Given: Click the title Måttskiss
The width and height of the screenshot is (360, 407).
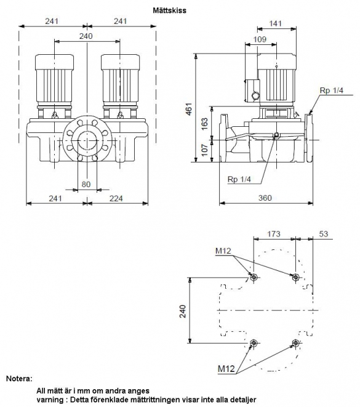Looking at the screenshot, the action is pyautogui.click(x=169, y=10).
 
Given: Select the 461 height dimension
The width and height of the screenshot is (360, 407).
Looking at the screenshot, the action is pyautogui.click(x=189, y=109).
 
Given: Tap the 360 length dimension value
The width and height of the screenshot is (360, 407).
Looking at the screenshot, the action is pyautogui.click(x=265, y=198).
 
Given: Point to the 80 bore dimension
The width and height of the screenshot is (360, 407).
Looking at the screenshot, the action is pyautogui.click(x=86, y=184).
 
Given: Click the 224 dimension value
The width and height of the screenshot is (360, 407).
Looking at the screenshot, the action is pyautogui.click(x=116, y=198).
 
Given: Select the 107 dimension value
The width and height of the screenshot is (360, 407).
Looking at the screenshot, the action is pyautogui.click(x=205, y=150).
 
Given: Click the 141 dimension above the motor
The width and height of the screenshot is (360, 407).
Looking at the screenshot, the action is pyautogui.click(x=275, y=23).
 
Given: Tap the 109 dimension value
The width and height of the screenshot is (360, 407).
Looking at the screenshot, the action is pyautogui.click(x=260, y=39).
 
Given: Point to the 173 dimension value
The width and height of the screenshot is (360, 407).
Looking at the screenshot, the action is pyautogui.click(x=274, y=234).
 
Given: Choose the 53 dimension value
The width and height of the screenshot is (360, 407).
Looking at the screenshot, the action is pyautogui.click(x=324, y=234).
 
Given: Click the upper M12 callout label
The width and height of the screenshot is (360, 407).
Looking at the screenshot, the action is pyautogui.click(x=223, y=251).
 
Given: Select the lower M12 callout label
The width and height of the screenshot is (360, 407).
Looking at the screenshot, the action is pyautogui.click(x=226, y=369).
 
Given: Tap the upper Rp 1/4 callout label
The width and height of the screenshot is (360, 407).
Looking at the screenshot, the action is pyautogui.click(x=332, y=91).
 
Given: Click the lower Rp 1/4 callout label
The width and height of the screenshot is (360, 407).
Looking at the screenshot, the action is pyautogui.click(x=239, y=179).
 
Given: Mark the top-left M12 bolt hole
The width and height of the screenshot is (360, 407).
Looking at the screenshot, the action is pyautogui.click(x=254, y=278).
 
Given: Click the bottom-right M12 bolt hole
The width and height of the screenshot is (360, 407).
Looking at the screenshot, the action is pyautogui.click(x=295, y=343).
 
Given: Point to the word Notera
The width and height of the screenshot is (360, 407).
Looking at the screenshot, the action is pyautogui.click(x=19, y=379).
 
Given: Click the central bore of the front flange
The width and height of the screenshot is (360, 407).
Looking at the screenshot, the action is pyautogui.click(x=87, y=140).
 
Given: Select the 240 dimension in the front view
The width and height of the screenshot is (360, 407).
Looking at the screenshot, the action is pyautogui.click(x=86, y=36).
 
